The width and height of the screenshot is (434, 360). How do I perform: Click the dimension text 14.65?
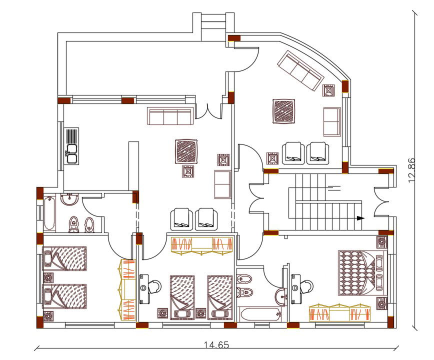point(217,344)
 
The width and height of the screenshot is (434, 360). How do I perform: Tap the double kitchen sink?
point(72,153)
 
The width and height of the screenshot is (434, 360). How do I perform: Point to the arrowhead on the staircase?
point(360,218)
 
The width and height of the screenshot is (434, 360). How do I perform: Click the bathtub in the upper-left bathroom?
point(49,214)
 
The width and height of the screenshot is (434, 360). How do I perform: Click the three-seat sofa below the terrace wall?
point(170,116)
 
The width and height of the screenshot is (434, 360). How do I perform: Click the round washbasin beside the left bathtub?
point(68,200)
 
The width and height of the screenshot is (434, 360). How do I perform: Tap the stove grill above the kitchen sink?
point(72,135)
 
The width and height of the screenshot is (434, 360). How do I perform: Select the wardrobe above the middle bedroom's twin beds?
point(202,244)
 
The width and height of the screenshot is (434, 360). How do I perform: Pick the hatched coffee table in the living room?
point(186,151)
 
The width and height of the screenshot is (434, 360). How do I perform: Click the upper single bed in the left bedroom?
point(65,258)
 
